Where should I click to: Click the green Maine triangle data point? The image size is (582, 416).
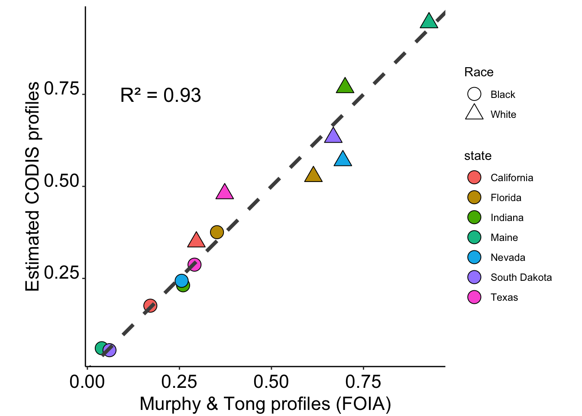429,21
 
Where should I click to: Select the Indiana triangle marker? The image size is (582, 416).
345,86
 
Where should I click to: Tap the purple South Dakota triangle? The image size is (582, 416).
333,136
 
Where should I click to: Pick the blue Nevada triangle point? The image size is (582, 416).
343,159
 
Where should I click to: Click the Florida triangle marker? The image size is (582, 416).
313,175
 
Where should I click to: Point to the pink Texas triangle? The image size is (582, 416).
224,192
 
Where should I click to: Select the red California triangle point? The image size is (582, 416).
196,240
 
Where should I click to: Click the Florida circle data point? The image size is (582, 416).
217,232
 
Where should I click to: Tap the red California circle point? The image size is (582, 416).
150,305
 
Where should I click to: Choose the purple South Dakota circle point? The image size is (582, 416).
110,350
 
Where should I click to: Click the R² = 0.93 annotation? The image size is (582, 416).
160,95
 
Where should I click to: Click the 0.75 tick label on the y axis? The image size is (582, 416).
61,89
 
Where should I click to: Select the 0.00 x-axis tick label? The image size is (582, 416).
87,382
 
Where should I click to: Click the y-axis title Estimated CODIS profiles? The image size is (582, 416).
32,186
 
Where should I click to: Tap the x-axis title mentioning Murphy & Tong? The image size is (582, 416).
265,404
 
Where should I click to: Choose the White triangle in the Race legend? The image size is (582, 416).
474,113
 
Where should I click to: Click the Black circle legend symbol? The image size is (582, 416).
474,94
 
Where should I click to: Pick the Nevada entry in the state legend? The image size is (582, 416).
508,257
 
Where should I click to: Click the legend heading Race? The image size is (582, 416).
479,72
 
